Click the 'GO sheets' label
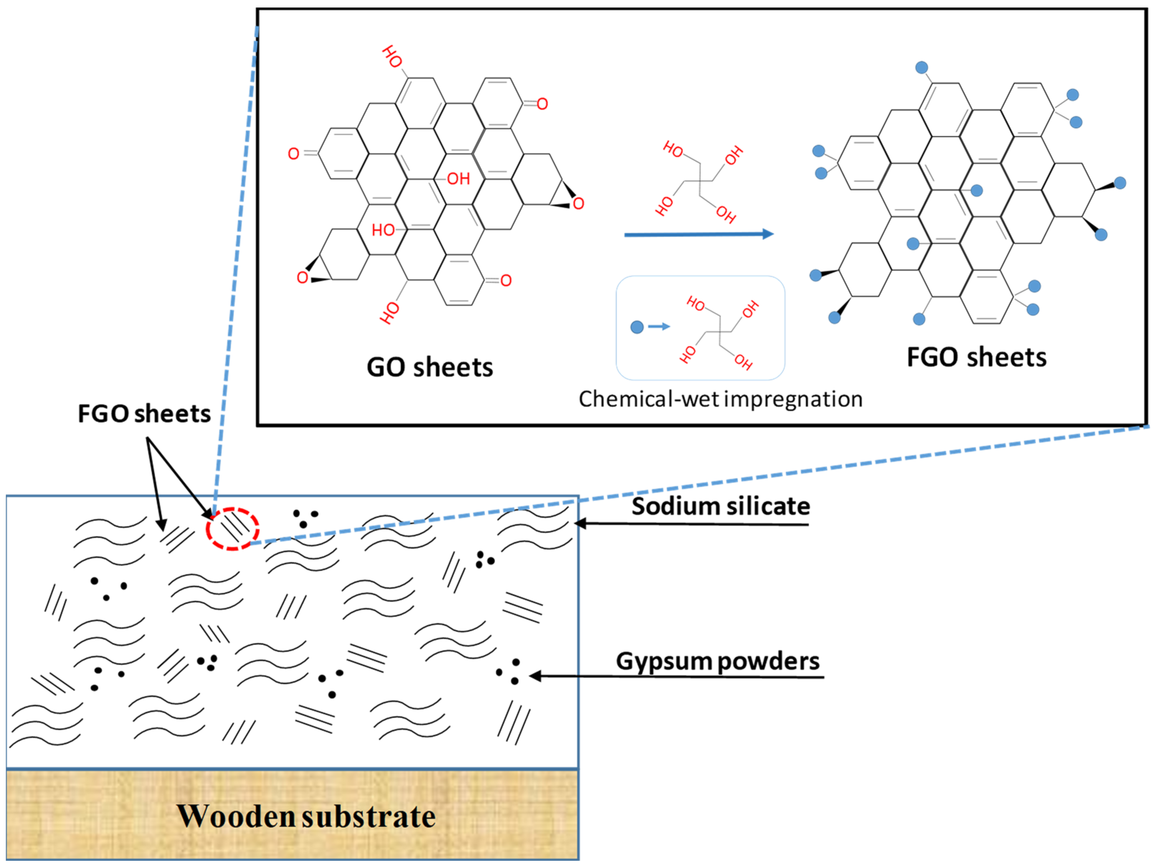click(429, 367)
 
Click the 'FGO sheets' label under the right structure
click(977, 357)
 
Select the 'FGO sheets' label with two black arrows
click(144, 414)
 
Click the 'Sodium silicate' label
click(721, 506)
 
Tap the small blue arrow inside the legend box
click(659, 327)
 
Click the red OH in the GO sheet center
click(459, 179)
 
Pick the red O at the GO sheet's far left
click(294, 154)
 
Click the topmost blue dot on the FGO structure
click(922, 67)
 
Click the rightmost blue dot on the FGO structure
click(1120, 182)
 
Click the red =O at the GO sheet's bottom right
click(505, 281)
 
